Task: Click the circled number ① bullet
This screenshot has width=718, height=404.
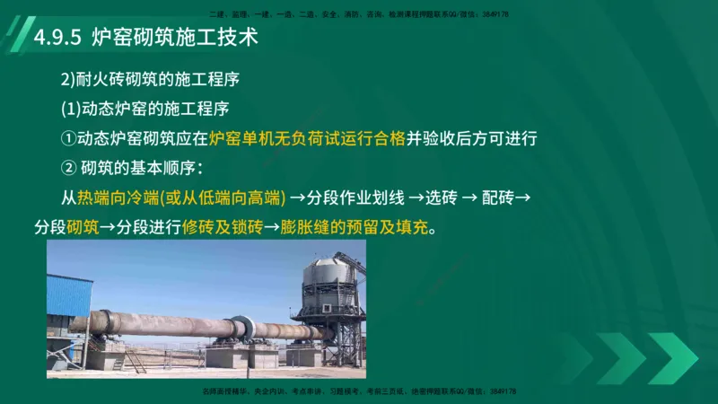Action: pyautogui.click(x=68, y=138)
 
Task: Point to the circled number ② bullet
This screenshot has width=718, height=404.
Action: pyautogui.click(x=68, y=167)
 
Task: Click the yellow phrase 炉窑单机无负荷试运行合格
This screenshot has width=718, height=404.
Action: pyautogui.click(x=307, y=138)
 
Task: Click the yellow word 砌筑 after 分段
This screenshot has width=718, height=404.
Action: pyautogui.click(x=83, y=225)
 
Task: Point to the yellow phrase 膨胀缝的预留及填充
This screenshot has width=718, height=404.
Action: pyautogui.click(x=355, y=225)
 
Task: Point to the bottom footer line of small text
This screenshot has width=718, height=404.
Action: pyautogui.click(x=359, y=392)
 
